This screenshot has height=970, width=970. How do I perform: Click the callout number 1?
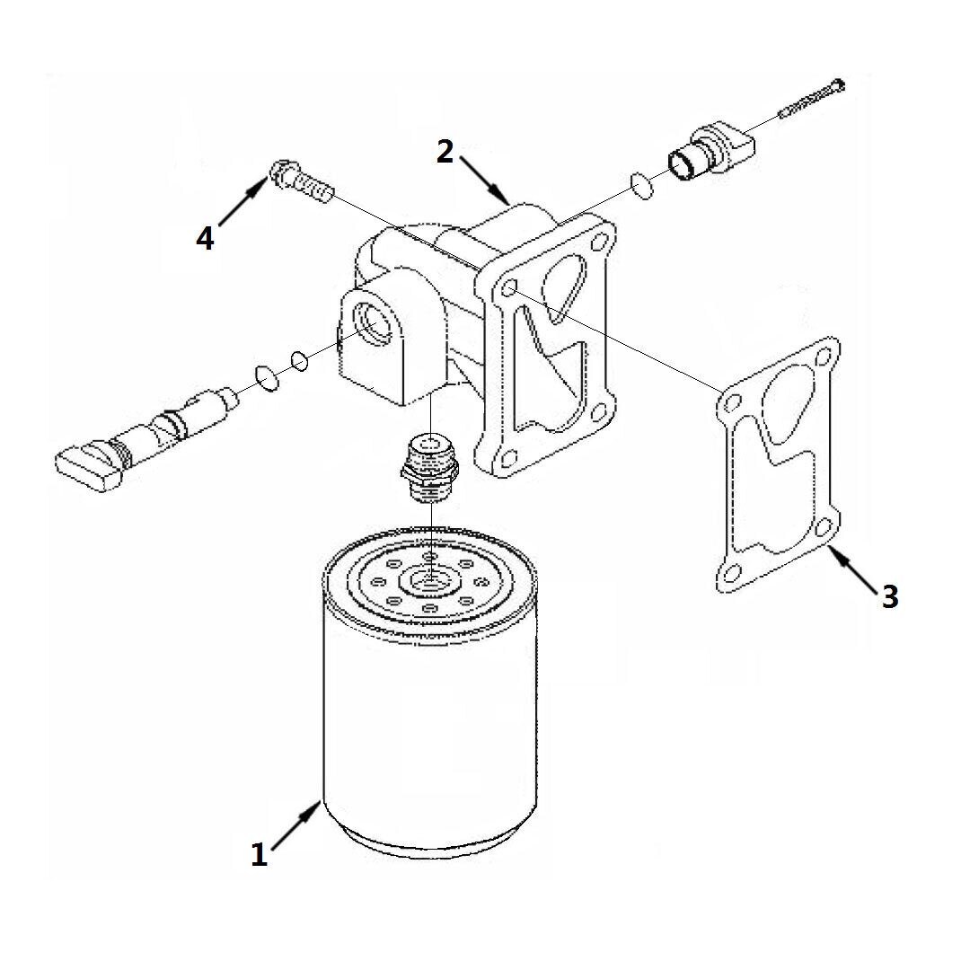pos(259,854)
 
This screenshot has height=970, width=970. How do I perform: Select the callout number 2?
pos(445,152)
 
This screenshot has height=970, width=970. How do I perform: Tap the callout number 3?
pos(889,597)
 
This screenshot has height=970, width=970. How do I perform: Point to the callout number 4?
pos(205,238)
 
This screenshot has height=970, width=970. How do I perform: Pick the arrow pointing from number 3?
pos(852,565)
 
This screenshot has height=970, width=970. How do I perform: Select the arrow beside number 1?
pos(295,826)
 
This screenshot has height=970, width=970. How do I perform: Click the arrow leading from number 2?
pos(484,180)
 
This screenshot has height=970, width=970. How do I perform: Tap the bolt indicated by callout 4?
pos(301,180)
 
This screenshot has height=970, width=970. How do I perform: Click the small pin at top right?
pos(812,99)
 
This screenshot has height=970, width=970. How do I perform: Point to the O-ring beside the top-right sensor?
pos(642,186)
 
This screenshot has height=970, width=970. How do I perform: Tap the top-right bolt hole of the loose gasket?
pos(823,357)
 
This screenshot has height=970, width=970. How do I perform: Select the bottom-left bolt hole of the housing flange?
pos(507,458)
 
